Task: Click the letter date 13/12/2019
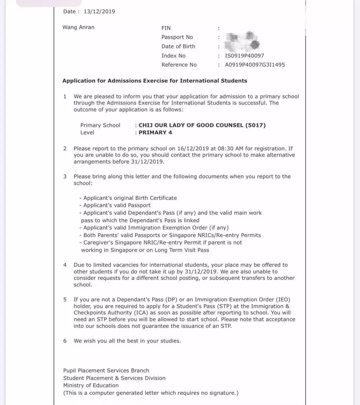pos(99,11)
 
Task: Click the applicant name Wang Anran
pos(78,27)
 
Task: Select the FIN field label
pos(166,28)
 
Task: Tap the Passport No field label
pos(177,37)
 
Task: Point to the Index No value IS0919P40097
pos(244,56)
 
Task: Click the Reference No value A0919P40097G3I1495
pos(255,65)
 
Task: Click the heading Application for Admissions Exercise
pos(155,81)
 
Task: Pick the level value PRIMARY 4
pos(155,132)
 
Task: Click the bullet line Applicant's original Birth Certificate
pos(130,198)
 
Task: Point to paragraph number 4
pos(65,265)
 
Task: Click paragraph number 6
pos(65,341)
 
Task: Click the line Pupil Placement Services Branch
pos(106,371)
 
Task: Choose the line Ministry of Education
pos(91,385)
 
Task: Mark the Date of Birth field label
pos(178,46)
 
